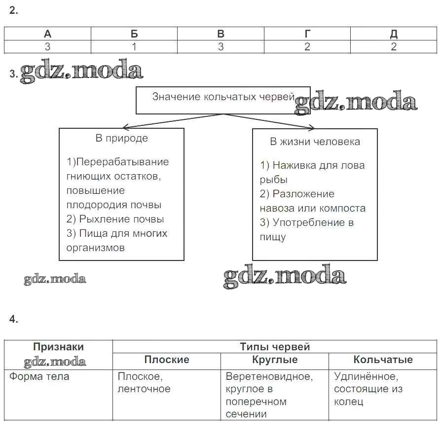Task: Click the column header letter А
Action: tap(47, 34)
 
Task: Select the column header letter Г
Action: tap(307, 34)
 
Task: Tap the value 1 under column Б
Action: tap(134, 47)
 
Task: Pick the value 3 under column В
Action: tap(221, 47)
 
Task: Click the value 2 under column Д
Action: tap(394, 47)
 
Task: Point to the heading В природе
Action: tap(121, 138)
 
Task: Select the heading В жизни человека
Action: tap(315, 142)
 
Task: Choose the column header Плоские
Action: tap(166, 360)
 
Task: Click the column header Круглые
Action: tap(274, 360)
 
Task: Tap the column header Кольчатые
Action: tap(383, 360)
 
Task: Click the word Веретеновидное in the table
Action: tap(269, 376)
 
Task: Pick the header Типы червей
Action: tap(274, 347)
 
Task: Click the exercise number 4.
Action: tap(13, 319)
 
